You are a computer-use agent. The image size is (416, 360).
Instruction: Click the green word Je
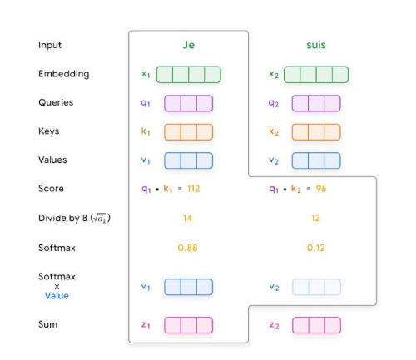(x=189, y=45)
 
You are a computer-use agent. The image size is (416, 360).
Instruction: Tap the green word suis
(x=316, y=45)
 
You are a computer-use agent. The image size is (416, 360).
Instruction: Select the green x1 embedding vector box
(x=189, y=75)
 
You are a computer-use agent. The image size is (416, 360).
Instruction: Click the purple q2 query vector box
(x=316, y=103)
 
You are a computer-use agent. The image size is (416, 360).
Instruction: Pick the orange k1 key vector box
(x=189, y=132)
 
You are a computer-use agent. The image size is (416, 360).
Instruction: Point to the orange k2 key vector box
(x=316, y=132)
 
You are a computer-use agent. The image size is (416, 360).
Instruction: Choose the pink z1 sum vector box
(x=189, y=325)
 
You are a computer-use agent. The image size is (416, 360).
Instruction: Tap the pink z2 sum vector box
(x=316, y=325)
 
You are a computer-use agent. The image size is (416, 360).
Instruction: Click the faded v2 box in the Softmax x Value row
(x=316, y=287)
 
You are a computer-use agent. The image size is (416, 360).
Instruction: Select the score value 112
(x=194, y=189)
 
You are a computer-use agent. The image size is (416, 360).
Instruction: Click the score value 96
(x=321, y=189)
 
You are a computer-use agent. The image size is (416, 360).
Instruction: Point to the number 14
(x=187, y=218)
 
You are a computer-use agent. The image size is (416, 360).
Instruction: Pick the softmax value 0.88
(x=188, y=248)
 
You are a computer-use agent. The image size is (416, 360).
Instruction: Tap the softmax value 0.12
(x=316, y=248)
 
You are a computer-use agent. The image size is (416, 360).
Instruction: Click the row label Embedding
(x=64, y=74)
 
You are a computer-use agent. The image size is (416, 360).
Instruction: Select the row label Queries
(x=56, y=102)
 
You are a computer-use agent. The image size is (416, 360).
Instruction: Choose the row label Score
(x=51, y=189)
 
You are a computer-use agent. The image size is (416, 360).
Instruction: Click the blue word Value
(x=57, y=296)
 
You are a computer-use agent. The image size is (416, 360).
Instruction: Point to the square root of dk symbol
(x=100, y=218)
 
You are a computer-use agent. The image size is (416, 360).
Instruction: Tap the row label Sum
(x=48, y=324)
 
